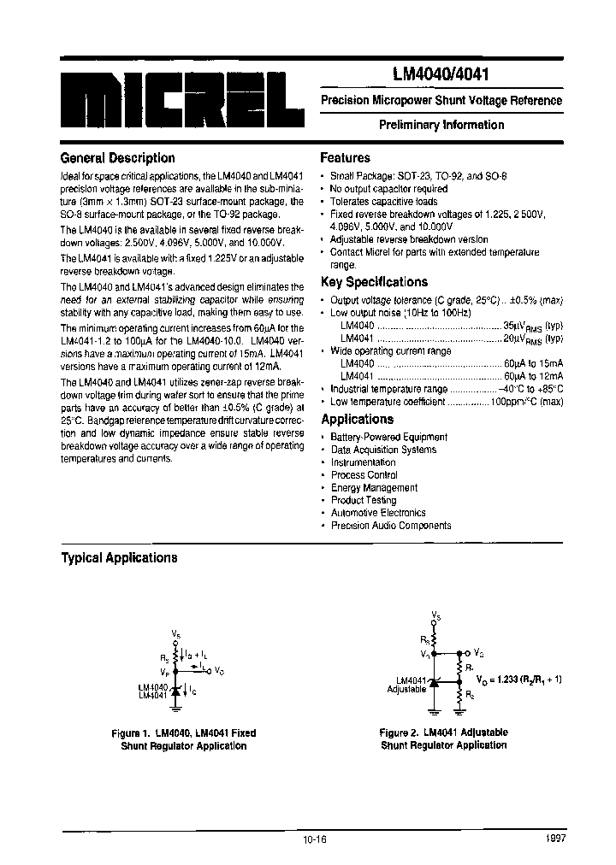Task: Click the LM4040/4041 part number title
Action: (441, 75)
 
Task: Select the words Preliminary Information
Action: (441, 125)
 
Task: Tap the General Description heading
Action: (117, 158)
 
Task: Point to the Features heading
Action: (345, 158)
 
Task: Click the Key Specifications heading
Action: (374, 282)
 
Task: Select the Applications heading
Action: (357, 419)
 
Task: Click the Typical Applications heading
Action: (119, 558)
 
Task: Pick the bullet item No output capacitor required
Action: (388, 188)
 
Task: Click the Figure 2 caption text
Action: (443, 738)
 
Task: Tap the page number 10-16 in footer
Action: (314, 839)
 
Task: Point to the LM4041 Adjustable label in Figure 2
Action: (406, 684)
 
